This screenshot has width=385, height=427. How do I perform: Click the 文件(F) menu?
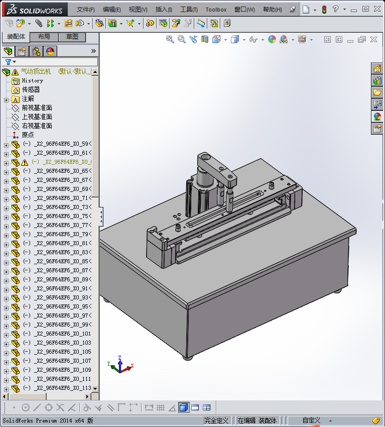click(86, 10)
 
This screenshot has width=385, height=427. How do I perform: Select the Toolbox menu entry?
click(216, 10)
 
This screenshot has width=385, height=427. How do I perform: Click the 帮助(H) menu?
click(272, 10)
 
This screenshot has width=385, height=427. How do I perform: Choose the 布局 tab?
click(44, 37)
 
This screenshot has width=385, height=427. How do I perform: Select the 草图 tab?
click(72, 37)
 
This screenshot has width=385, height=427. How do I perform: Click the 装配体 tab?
click(16, 37)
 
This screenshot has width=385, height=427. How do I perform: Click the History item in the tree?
click(32, 80)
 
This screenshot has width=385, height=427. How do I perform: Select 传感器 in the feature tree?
click(31, 89)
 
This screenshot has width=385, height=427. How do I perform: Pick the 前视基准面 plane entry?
click(37, 108)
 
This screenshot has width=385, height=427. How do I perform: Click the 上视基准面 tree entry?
click(37, 117)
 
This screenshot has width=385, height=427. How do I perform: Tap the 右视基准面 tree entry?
click(37, 126)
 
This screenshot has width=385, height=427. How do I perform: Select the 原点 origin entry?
click(28, 135)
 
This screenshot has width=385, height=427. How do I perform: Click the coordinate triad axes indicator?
click(119, 366)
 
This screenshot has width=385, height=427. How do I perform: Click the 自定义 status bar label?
click(311, 420)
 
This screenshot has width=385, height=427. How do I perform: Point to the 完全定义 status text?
click(216, 420)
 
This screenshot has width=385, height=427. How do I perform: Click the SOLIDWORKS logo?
click(35, 10)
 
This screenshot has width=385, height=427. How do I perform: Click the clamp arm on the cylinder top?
click(216, 166)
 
